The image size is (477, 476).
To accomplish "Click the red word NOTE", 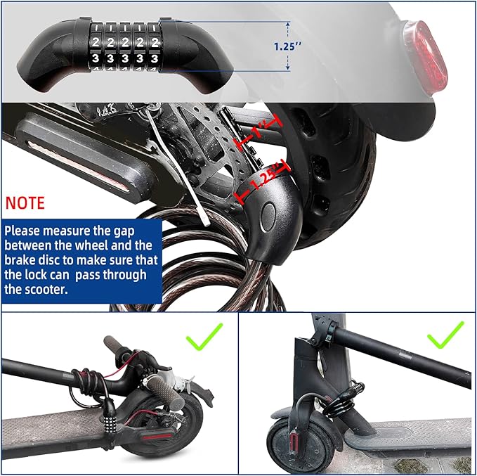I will coord(25,203).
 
